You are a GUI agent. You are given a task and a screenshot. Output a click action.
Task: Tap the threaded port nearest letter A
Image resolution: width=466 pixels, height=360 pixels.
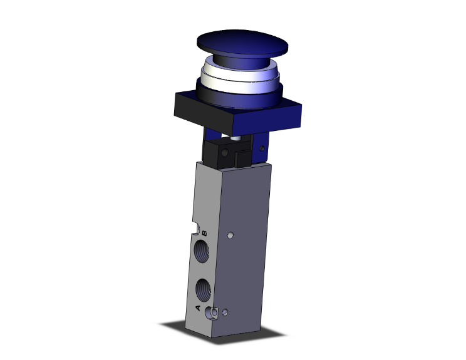tap(202, 289)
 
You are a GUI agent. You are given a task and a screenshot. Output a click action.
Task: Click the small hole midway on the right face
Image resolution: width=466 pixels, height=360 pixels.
tap(230, 236)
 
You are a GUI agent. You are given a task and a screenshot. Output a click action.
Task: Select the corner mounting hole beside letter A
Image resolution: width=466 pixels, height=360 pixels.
tap(212, 312)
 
